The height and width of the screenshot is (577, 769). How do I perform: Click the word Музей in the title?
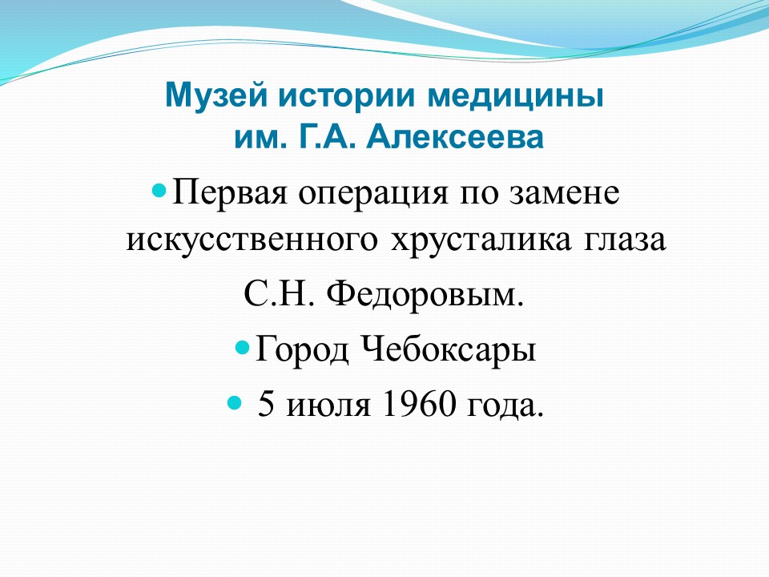(x=217, y=96)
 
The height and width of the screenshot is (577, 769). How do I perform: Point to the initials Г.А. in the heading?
(x=326, y=137)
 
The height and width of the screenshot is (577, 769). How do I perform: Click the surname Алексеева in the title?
(x=455, y=137)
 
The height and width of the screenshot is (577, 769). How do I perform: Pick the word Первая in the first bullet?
(x=229, y=193)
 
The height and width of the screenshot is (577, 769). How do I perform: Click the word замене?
(x=564, y=194)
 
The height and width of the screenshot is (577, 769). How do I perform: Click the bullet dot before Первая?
(x=159, y=190)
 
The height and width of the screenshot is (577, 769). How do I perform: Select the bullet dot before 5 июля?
(x=235, y=403)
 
